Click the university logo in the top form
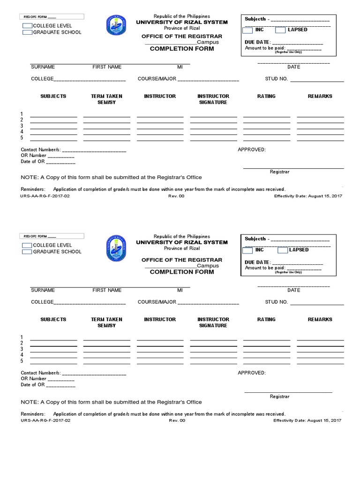click(116, 25)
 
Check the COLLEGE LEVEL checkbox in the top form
click(27, 25)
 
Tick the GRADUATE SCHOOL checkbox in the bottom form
click(27, 252)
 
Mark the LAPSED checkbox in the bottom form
click(280, 250)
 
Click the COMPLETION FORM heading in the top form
click(182, 49)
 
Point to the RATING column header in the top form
click(266, 96)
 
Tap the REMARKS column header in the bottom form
click(320, 319)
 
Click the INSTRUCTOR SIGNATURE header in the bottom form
click(213, 322)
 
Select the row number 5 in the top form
click(22, 138)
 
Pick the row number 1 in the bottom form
click(22, 337)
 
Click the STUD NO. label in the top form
click(276, 79)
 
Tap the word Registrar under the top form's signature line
click(279, 172)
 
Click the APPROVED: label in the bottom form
click(252, 373)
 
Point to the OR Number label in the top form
click(33, 155)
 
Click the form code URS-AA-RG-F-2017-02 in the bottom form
click(45, 420)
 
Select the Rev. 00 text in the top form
click(177, 196)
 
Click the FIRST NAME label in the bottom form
click(107, 290)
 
